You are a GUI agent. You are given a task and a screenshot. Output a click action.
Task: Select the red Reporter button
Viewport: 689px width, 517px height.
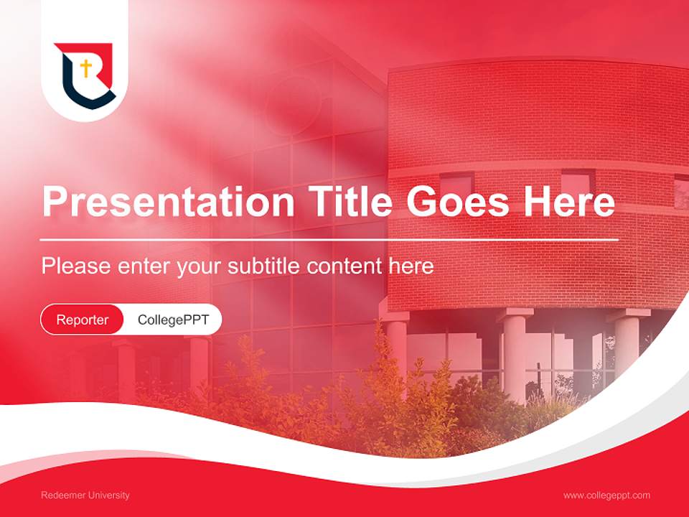(x=83, y=320)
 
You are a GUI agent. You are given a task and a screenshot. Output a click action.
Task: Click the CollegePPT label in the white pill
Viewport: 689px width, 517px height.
(x=173, y=320)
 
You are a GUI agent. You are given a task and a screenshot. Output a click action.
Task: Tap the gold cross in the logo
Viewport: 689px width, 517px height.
(x=85, y=69)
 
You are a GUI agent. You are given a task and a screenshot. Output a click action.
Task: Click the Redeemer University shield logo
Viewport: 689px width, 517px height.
(x=85, y=75)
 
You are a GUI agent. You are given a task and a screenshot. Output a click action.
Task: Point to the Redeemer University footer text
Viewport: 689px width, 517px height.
(x=85, y=495)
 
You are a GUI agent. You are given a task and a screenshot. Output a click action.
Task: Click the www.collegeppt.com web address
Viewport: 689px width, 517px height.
(x=606, y=495)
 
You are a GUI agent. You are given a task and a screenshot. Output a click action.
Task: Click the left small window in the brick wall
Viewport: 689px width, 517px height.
(x=456, y=184)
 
